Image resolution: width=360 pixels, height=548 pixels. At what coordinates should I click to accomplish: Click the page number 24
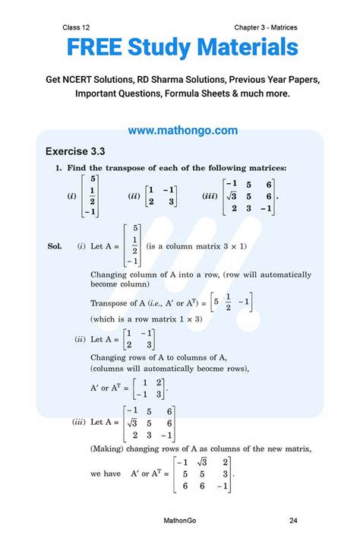coord(293,521)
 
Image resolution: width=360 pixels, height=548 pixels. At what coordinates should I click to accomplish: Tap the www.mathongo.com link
coord(182,131)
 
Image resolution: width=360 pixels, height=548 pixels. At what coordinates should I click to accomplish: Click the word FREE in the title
coord(96,48)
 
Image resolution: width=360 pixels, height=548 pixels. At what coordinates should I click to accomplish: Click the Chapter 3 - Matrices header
coord(266,27)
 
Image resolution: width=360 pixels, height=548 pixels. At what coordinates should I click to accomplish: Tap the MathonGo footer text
coord(181,521)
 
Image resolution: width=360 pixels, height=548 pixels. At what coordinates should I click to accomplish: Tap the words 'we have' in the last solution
coord(106,473)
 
